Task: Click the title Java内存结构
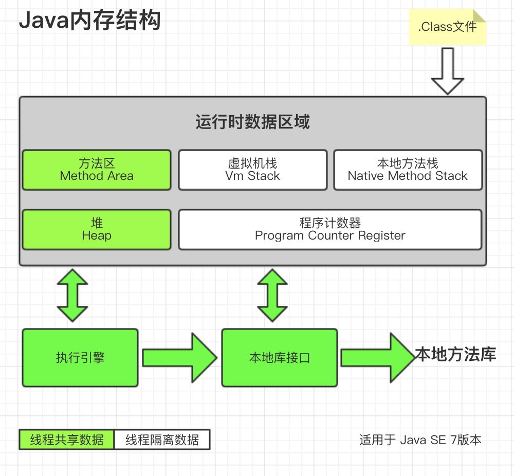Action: click(x=89, y=21)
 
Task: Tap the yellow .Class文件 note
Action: click(x=447, y=27)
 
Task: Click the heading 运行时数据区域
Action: click(x=252, y=122)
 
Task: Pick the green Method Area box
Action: click(x=97, y=170)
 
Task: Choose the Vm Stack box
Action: click(x=252, y=170)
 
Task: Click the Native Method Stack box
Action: click(x=408, y=170)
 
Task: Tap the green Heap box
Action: click(x=97, y=229)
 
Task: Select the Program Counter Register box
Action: click(x=330, y=229)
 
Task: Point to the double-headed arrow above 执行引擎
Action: click(x=73, y=295)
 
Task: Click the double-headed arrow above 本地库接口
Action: click(x=272, y=295)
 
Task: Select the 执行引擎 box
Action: click(x=80, y=358)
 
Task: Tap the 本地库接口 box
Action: click(x=280, y=358)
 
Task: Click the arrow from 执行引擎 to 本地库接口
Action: click(x=179, y=358)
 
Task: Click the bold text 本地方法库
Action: click(x=455, y=355)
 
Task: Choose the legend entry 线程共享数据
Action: click(x=67, y=440)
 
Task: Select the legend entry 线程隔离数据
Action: click(x=162, y=440)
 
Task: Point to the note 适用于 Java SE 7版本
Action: click(x=420, y=440)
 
